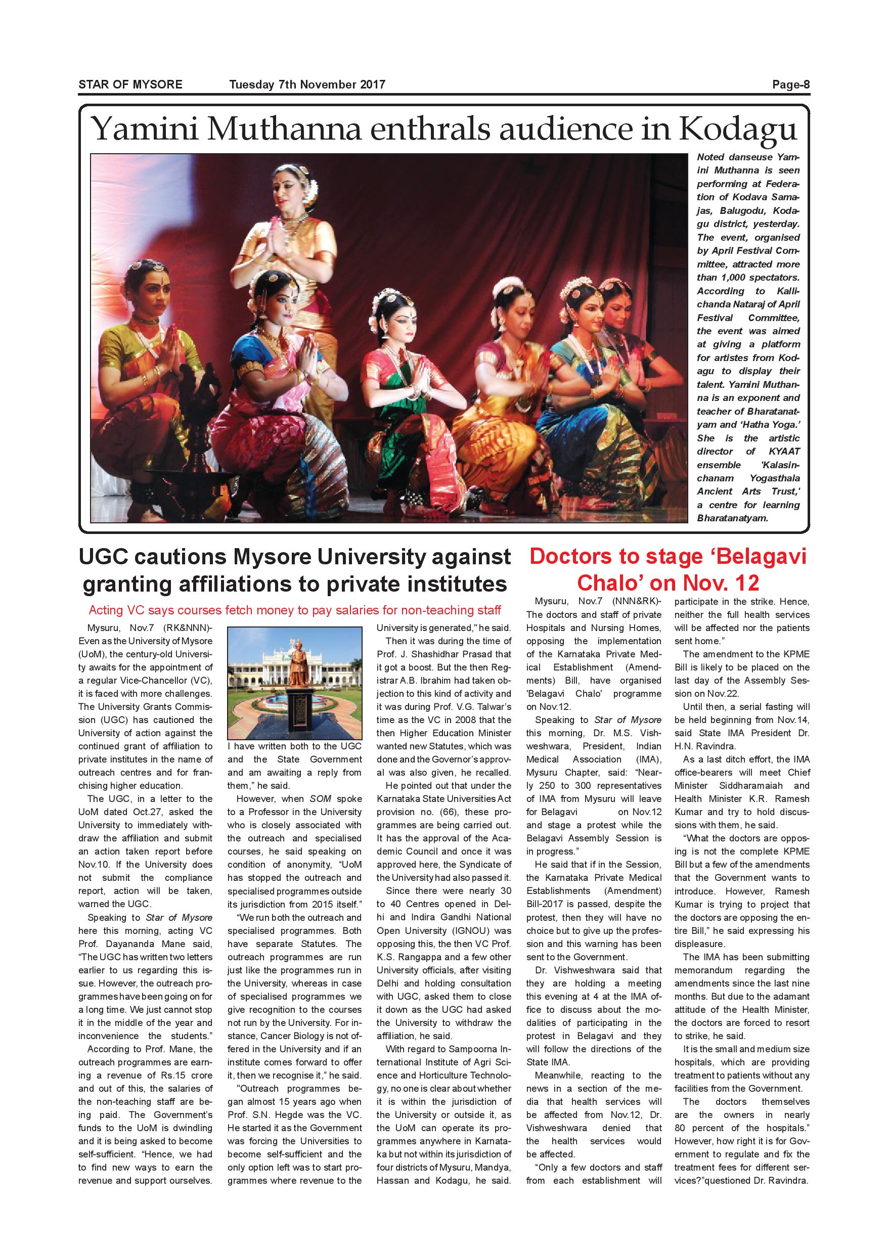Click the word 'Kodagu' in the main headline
click(x=737, y=129)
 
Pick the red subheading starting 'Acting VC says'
click(x=294, y=610)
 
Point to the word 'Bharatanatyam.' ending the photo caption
click(x=732, y=518)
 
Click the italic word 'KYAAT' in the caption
click(x=784, y=451)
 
